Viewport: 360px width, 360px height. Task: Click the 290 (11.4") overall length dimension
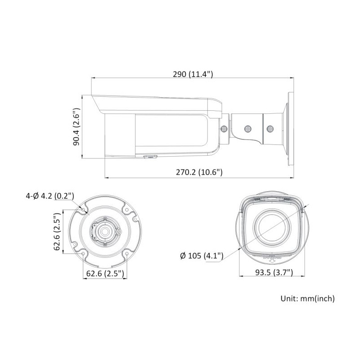click(193, 74)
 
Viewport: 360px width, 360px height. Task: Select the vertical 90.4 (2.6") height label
click(76, 126)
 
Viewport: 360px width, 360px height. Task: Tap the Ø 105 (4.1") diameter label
click(202, 256)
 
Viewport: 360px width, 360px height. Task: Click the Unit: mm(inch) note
click(307, 298)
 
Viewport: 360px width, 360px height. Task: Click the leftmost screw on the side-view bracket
click(224, 128)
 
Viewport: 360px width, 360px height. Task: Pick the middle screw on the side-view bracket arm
click(247, 129)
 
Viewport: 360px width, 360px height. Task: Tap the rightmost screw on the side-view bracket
click(270, 129)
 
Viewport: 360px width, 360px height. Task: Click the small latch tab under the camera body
click(150, 157)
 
